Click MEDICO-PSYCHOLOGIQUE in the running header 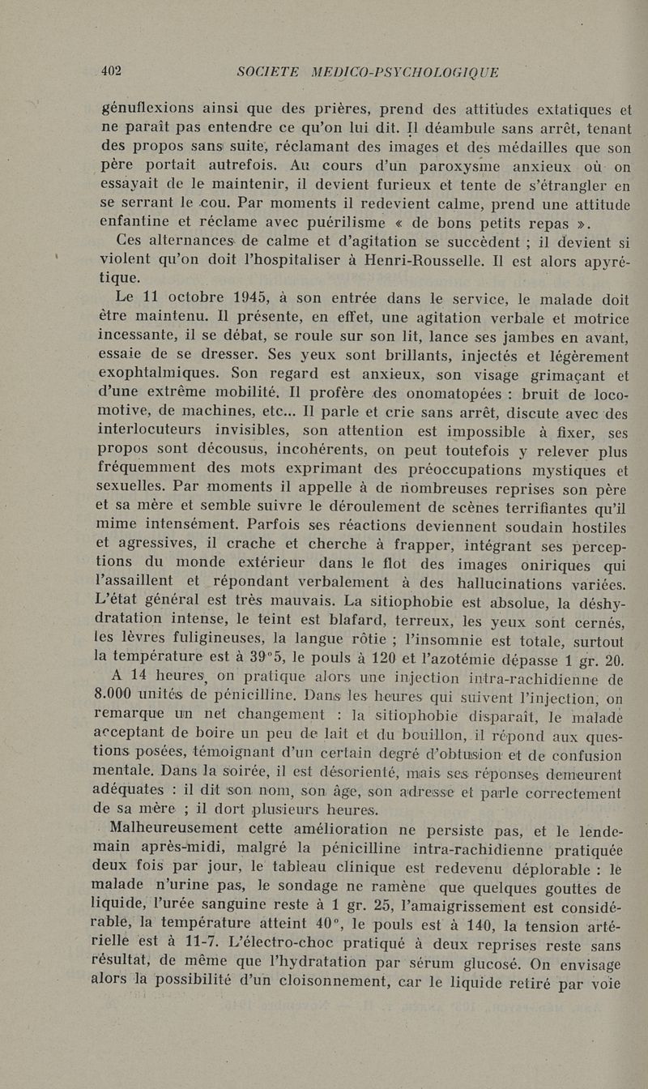pyautogui.click(x=405, y=72)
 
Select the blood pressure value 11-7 pyautogui.click(x=219, y=945)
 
